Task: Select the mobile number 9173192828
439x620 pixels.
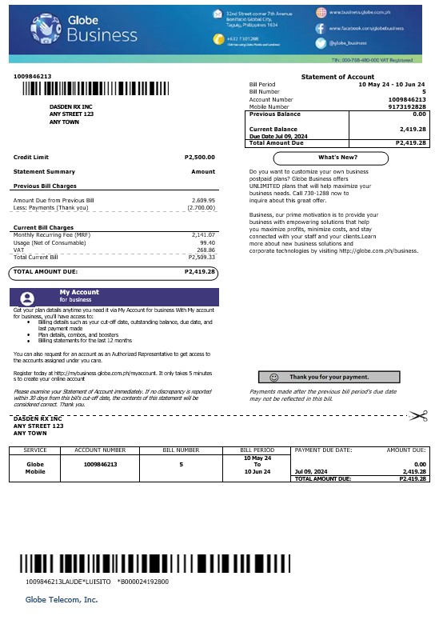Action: [407, 106]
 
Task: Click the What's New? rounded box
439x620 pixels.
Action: [337, 157]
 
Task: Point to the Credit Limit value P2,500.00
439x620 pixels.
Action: [199, 157]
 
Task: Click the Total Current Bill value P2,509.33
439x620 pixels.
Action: [202, 258]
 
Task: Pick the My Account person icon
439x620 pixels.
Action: [28, 297]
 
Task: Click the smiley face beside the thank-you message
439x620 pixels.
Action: [274, 376]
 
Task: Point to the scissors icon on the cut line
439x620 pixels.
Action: [417, 415]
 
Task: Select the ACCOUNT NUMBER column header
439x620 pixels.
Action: [100, 450]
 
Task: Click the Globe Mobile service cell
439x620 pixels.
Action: [35, 467]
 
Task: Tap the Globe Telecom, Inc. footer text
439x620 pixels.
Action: [62, 598]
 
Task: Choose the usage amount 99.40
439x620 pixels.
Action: [207, 242]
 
